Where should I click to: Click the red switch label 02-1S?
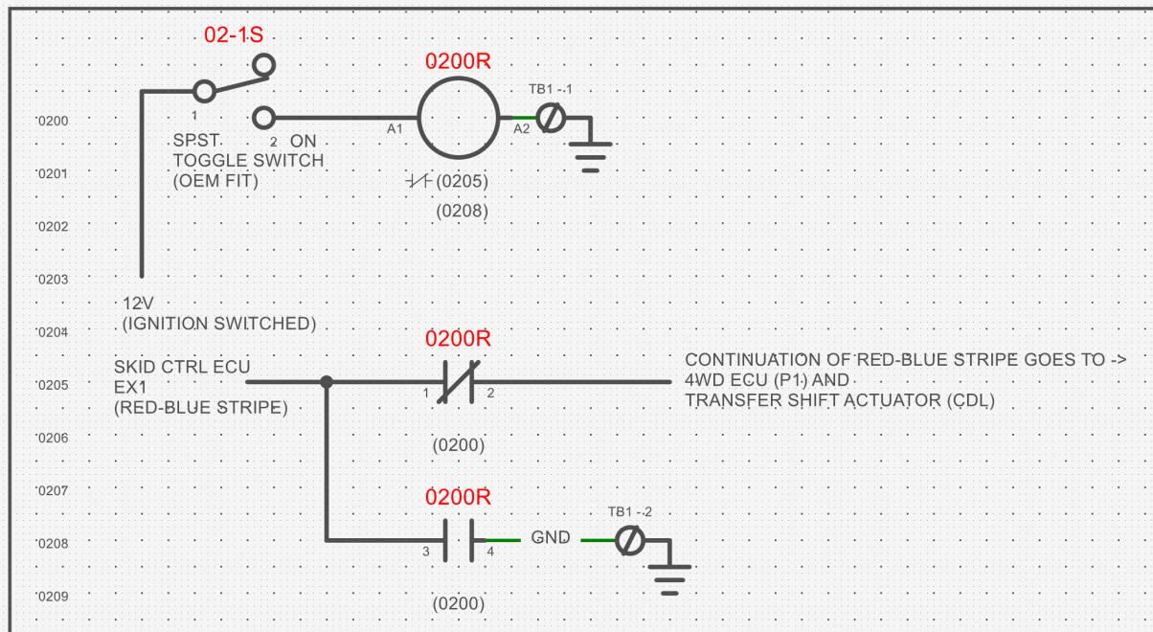coord(234,35)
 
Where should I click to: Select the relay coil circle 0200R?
coord(418,118)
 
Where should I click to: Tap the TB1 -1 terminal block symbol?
coord(551,118)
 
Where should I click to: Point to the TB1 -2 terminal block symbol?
coord(630,540)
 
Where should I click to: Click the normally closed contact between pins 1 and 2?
coord(459,382)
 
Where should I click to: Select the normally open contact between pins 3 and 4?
coord(459,540)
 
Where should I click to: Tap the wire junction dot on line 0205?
coord(327,382)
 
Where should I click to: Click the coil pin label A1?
coord(395,129)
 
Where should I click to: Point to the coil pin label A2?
coord(521,129)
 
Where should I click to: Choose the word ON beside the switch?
coord(304,141)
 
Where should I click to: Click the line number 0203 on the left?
coord(54,280)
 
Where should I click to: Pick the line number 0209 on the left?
coord(54,597)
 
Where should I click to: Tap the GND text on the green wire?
coord(551,538)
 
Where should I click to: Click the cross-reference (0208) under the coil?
coord(463,211)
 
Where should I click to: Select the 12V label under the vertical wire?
coord(138,304)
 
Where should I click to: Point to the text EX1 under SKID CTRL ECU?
coord(131,387)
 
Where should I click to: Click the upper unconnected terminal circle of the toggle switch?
coord(264,65)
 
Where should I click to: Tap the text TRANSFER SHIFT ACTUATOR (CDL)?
coord(840,400)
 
